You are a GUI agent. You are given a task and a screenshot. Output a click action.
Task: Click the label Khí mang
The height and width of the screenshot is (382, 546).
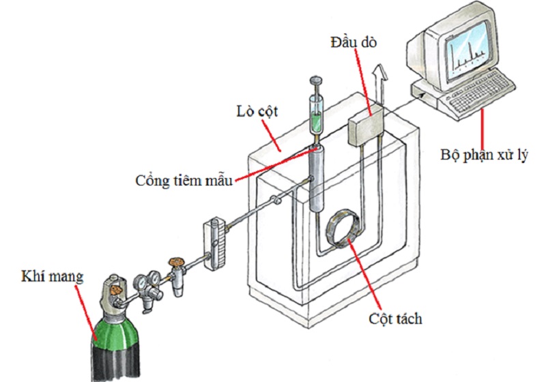click(53, 277)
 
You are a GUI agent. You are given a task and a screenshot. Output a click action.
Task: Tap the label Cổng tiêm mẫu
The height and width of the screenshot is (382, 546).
click(184, 181)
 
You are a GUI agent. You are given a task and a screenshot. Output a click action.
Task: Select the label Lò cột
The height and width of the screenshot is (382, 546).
click(257, 112)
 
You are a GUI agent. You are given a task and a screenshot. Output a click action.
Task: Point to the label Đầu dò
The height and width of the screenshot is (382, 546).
click(354, 42)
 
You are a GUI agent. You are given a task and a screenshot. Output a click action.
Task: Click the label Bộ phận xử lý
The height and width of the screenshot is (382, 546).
click(484, 155)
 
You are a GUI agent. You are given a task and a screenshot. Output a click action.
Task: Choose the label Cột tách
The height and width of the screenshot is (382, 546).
click(396, 319)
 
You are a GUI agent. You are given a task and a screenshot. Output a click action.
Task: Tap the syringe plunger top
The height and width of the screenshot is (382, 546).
click(315, 80)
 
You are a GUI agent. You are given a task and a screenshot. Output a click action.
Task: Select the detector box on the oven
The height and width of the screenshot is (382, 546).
click(366, 128)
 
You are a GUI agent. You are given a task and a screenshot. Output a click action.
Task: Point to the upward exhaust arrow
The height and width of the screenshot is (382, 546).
click(379, 84)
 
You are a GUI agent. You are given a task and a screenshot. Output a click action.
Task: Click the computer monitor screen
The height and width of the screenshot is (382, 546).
click(468, 51)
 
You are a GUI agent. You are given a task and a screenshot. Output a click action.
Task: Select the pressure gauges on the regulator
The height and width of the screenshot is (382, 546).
click(147, 282)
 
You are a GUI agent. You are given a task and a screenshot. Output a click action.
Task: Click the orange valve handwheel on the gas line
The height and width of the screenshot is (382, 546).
click(177, 261)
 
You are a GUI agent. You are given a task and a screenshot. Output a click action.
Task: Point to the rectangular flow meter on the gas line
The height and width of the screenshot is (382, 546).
click(214, 244)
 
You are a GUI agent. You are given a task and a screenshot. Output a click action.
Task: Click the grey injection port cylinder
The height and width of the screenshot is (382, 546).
click(316, 179)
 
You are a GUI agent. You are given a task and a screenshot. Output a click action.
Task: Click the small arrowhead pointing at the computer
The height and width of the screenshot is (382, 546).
click(420, 94)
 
